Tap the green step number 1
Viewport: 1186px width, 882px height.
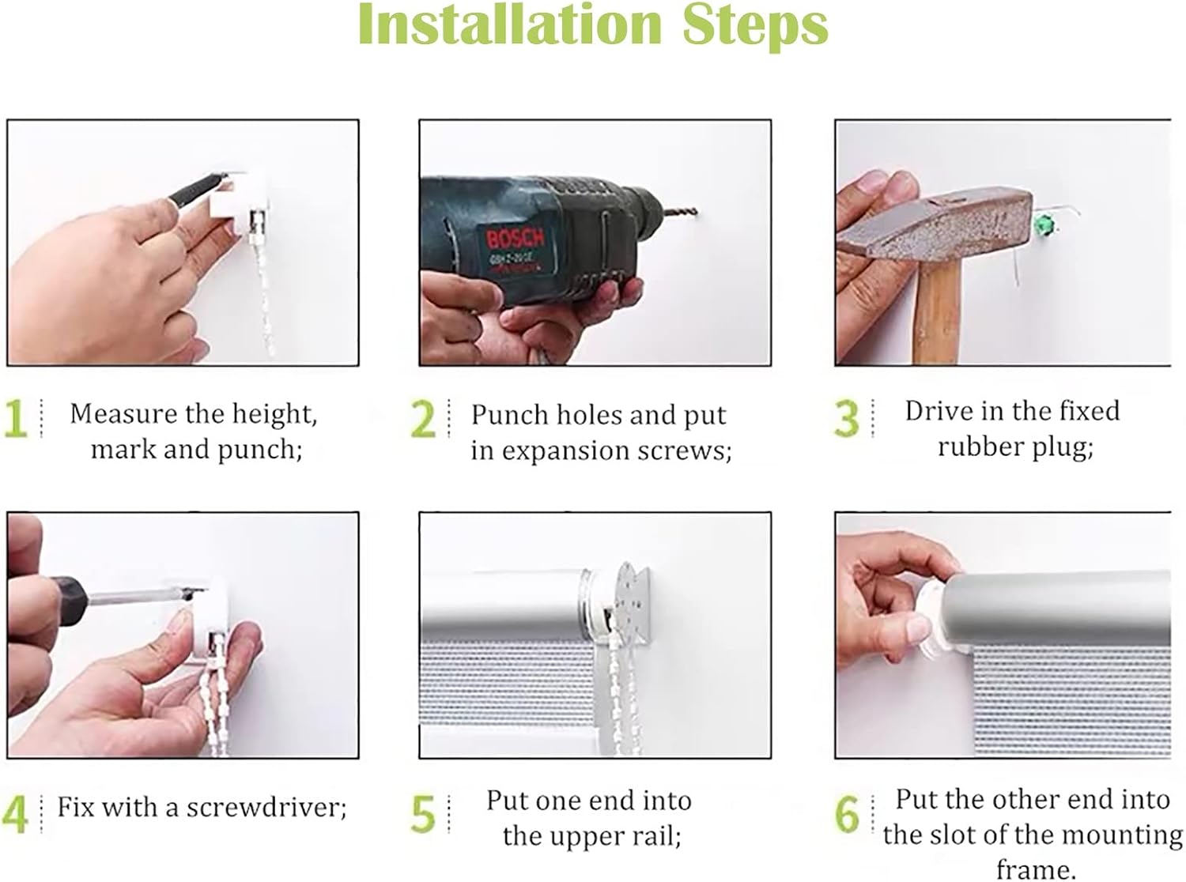click(15, 419)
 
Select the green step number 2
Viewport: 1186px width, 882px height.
click(423, 420)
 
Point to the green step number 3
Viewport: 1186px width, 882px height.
click(847, 419)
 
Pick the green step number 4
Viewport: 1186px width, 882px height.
click(15, 814)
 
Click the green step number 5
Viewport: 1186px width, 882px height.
click(423, 814)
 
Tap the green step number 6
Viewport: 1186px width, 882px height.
click(847, 814)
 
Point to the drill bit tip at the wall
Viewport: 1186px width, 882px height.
click(696, 213)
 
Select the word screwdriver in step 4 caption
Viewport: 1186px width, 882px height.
click(263, 807)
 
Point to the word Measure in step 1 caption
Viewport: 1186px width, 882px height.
click(124, 414)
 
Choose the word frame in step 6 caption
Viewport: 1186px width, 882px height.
click(1031, 869)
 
